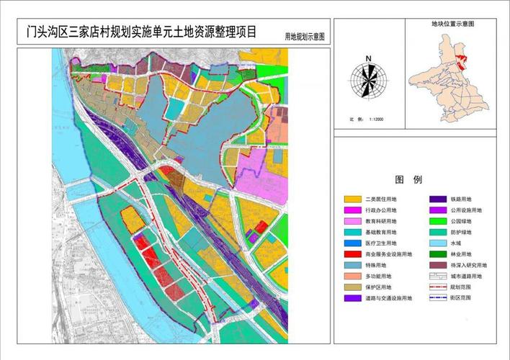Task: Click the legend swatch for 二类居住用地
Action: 352,199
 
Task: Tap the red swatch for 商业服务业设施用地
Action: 352,254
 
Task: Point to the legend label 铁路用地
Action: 458,199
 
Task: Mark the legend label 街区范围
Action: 458,297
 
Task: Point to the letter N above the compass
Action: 367,58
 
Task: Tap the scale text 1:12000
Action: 375,120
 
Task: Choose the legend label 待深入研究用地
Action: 465,265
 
